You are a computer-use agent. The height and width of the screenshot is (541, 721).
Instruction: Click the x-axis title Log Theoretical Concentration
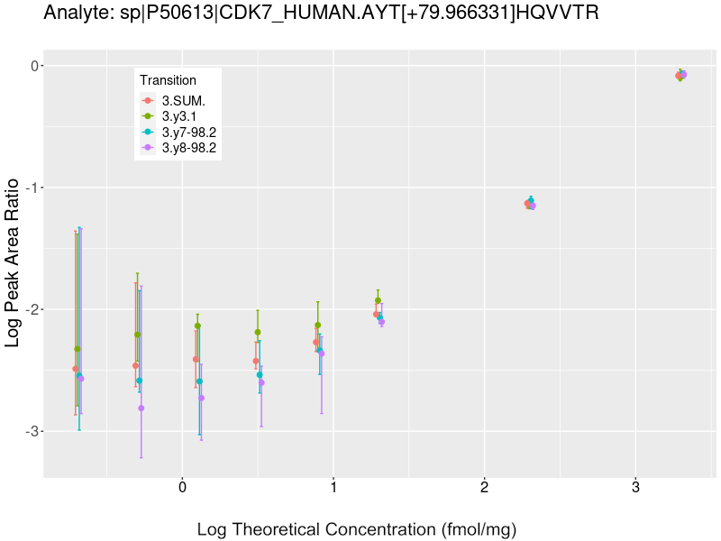[356, 529]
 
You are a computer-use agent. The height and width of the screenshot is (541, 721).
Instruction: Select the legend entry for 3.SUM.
[183, 101]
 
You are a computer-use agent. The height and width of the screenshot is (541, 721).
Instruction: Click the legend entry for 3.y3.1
[183, 116]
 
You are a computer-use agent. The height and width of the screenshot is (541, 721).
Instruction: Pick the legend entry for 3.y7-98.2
[188, 132]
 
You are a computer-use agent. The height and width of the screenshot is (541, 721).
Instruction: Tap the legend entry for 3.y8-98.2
[188, 148]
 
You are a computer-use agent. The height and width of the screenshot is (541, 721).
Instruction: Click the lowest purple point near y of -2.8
[141, 408]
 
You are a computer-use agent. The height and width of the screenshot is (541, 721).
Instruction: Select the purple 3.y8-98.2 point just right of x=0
[201, 398]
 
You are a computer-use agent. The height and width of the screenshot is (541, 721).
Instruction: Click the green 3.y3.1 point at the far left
[78, 349]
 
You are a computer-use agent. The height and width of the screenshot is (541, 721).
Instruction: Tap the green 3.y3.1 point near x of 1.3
[378, 300]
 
